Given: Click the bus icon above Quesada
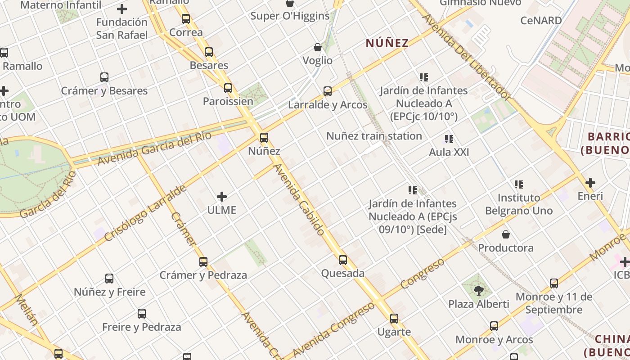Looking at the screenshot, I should click(x=343, y=260).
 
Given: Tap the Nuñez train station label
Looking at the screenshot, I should click(x=374, y=136).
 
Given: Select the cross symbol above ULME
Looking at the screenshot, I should click(x=222, y=197).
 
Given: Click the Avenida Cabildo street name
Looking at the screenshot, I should click(x=299, y=200).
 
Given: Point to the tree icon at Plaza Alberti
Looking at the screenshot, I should click(x=479, y=290).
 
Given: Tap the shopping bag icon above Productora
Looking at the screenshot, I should click(x=506, y=234).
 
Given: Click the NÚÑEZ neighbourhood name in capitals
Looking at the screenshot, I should click(x=387, y=43).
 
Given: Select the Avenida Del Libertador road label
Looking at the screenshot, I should click(x=467, y=58).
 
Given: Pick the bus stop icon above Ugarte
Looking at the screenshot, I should click(x=394, y=319).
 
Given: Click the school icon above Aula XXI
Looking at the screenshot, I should click(x=449, y=139).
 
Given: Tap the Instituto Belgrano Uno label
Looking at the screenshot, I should click(x=519, y=204).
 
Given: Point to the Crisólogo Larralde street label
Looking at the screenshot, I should click(x=145, y=213).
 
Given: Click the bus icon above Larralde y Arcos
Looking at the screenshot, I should click(x=328, y=91).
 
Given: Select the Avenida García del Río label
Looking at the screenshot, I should click(x=154, y=148).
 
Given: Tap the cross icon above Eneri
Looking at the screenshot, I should click(x=590, y=183).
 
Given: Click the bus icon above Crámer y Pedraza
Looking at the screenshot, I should click(x=203, y=261).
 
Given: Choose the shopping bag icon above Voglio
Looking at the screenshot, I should click(x=318, y=47).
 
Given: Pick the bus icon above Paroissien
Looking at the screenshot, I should click(x=228, y=88).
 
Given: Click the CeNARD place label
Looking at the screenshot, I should click(x=541, y=20).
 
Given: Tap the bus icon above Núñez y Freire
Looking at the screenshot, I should click(x=109, y=279).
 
